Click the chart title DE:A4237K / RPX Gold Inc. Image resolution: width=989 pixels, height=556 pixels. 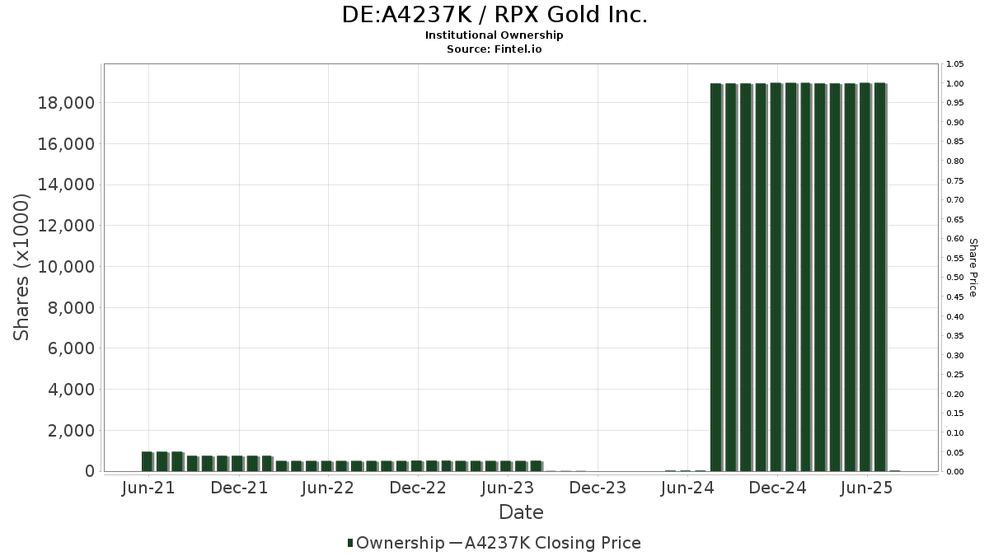[x=494, y=15]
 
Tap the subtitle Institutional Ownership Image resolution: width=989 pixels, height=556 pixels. [x=494, y=35]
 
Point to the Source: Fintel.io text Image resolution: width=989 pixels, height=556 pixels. [x=494, y=49]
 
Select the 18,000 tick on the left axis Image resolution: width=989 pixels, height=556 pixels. [x=65, y=103]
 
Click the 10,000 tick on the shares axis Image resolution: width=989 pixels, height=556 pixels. [x=65, y=267]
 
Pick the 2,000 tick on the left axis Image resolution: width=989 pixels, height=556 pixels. [x=70, y=431]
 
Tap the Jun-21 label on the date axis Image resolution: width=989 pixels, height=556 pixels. [x=148, y=488]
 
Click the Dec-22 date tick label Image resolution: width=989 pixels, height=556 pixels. [x=418, y=488]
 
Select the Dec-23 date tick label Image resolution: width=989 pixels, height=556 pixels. [x=598, y=488]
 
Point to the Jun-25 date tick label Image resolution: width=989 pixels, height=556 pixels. [x=866, y=488]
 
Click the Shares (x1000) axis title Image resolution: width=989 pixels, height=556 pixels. [x=22, y=267]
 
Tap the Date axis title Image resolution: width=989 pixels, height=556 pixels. [x=521, y=512]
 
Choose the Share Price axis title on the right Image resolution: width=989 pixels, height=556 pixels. [x=973, y=267]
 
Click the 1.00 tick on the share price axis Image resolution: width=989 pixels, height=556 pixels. [x=954, y=84]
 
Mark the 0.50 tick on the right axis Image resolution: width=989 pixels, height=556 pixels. [x=954, y=278]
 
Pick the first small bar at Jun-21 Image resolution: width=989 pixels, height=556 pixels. [x=147, y=462]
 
